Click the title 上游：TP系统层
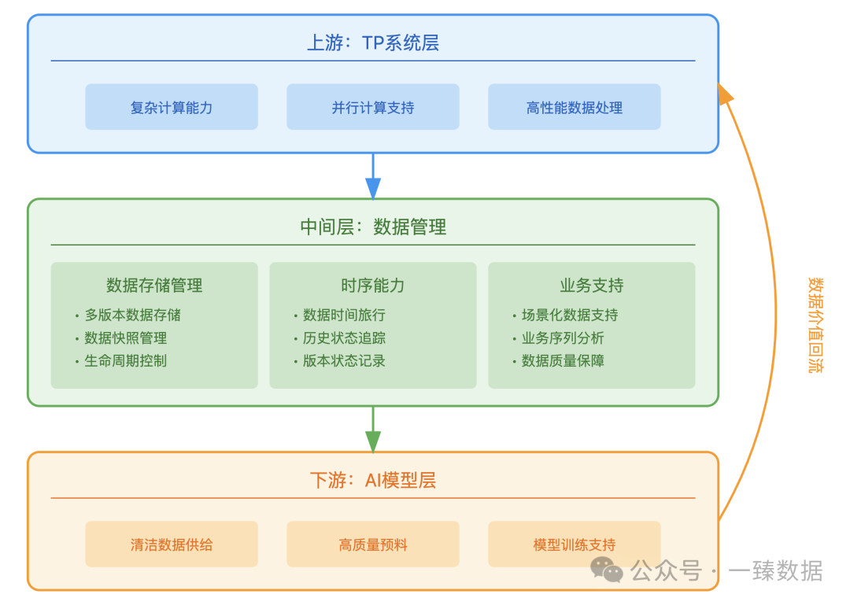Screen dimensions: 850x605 pos(373,42)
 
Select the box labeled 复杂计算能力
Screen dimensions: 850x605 pos(172,107)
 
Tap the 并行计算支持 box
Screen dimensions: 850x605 pos(373,107)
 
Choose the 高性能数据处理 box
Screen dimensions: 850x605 pos(574,107)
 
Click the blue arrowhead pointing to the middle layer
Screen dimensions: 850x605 pos(373,188)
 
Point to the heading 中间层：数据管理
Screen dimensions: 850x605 pos(373,227)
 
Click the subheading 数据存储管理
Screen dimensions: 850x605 pos(154,285)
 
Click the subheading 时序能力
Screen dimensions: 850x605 pos(373,285)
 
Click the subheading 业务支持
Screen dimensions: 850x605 pos(591,285)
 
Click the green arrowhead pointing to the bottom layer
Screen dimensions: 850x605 pos(373,441)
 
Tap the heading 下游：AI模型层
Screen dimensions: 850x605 pos(373,481)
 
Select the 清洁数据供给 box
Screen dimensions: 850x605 pos(172,544)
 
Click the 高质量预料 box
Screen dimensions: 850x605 pos(373,544)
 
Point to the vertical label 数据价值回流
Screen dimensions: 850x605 pos(815,325)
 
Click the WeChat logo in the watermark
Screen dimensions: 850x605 pos(607,570)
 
